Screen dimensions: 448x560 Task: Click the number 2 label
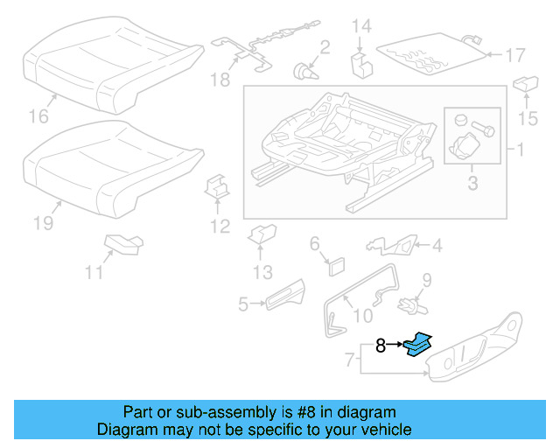tap(324, 46)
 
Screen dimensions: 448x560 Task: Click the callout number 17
tap(515, 55)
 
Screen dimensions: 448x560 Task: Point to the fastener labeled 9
tap(408, 304)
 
